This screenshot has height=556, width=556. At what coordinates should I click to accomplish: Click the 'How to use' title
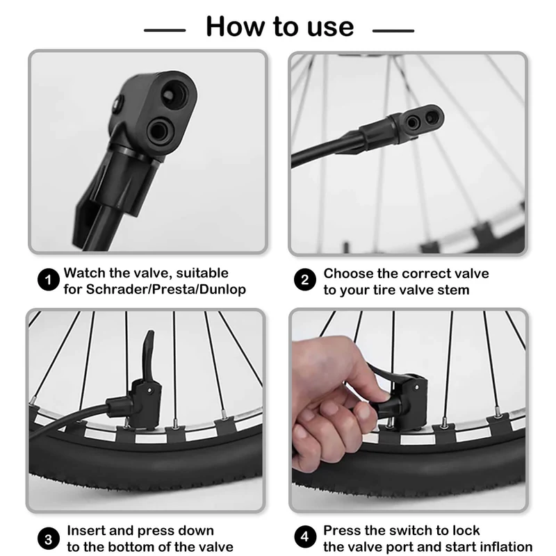click(280, 26)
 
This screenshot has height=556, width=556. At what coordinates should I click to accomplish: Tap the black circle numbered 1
click(48, 280)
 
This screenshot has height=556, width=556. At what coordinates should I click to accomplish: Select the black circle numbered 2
click(305, 280)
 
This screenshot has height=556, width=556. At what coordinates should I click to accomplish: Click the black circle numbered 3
click(48, 539)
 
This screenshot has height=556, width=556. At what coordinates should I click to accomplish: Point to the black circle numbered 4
click(305, 537)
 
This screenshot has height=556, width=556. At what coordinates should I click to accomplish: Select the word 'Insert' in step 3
click(86, 530)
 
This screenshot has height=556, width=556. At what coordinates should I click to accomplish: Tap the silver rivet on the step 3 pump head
click(150, 391)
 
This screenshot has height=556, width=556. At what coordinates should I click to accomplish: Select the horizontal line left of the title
click(165, 31)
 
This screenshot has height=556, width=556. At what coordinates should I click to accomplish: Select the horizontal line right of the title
click(393, 31)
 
